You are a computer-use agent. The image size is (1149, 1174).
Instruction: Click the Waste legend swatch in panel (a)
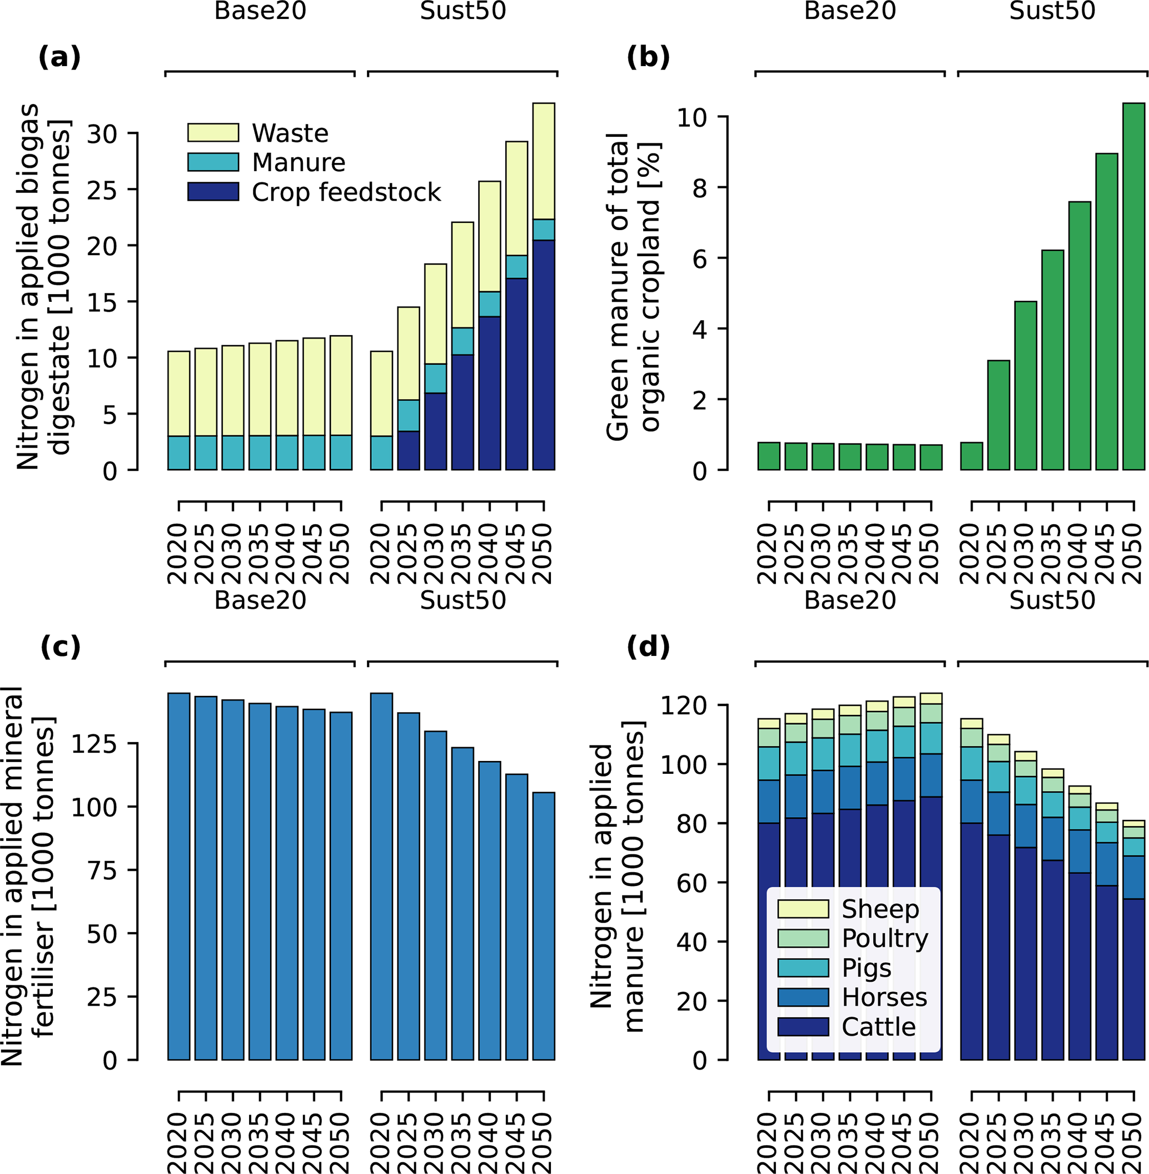click(x=213, y=133)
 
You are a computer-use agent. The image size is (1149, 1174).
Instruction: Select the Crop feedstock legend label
click(x=346, y=192)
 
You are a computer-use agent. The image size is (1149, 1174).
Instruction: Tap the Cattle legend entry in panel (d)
click(x=878, y=1027)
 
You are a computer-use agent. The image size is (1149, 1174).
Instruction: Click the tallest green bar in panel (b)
click(x=1133, y=286)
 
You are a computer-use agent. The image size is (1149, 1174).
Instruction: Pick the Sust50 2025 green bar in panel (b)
click(x=998, y=415)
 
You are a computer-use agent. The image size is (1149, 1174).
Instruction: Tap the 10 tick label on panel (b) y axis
click(x=692, y=117)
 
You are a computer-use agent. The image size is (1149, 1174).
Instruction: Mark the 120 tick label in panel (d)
click(x=684, y=705)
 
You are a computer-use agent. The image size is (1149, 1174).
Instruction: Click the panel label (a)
click(x=59, y=58)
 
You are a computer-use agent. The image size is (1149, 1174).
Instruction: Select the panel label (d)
click(x=648, y=648)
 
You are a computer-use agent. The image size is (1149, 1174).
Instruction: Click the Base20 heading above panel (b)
click(x=850, y=11)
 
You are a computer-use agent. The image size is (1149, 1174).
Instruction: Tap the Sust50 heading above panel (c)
click(x=462, y=600)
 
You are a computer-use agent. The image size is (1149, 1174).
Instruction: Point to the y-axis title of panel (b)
click(x=633, y=287)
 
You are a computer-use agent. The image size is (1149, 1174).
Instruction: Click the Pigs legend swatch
click(x=803, y=968)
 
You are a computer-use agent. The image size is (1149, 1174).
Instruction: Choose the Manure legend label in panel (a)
click(x=298, y=162)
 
